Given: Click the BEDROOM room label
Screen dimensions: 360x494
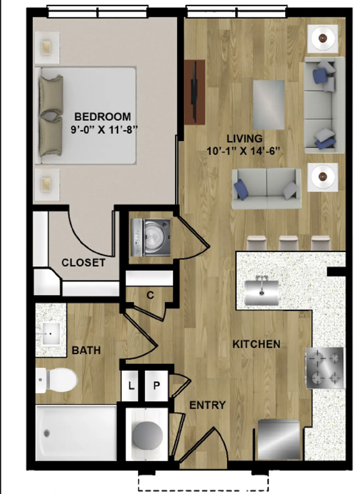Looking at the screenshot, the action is (x=103, y=116).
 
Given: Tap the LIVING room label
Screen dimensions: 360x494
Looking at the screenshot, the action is (x=244, y=138).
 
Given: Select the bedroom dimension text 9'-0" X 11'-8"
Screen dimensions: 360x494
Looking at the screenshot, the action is (x=104, y=129).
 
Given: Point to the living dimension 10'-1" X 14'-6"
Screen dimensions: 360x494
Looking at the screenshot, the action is (x=243, y=151).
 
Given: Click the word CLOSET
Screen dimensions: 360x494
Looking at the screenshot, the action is (x=84, y=262).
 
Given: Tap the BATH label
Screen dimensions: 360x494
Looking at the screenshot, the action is (x=86, y=350).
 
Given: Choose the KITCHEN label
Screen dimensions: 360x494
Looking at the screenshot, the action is (x=257, y=344).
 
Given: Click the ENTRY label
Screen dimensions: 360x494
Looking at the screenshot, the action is (x=208, y=405).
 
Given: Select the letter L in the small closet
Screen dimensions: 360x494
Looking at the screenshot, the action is (x=131, y=385).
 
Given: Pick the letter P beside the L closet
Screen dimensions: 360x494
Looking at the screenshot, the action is (x=156, y=385).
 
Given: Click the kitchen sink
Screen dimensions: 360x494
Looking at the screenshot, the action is (x=262, y=290).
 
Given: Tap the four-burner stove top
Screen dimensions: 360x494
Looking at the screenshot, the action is (x=325, y=368).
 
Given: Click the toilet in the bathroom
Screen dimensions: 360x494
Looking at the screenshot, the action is (x=57, y=381).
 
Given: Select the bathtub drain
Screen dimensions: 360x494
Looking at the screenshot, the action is (x=46, y=433).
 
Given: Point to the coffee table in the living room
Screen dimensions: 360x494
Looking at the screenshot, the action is (x=268, y=105).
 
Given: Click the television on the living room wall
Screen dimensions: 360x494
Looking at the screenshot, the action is (x=195, y=92).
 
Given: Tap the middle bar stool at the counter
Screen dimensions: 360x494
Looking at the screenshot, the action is (x=289, y=243).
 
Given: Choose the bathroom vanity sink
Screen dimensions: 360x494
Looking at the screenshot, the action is (x=50, y=333).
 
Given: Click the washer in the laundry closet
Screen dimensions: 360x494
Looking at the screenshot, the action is (x=151, y=237).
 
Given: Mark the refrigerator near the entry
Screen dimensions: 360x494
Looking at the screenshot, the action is (x=278, y=440).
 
